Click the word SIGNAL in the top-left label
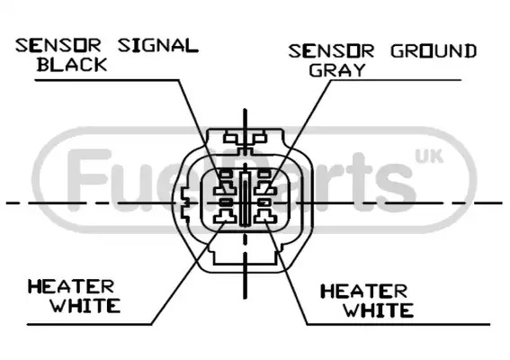pos(158,45)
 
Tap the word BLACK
pos(72,64)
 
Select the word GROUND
pos(434,51)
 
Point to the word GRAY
pos(337,69)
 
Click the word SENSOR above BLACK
pos(58,45)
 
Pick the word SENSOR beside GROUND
pos(331,51)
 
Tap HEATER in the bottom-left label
pos(71,287)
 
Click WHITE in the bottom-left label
pos(85,306)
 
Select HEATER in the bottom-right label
pos(364,292)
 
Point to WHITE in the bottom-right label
pos(379,310)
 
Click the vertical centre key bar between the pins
pos(245,199)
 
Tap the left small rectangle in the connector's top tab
pos(230,139)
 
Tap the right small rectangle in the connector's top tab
pos(260,139)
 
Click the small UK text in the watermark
pos(429,157)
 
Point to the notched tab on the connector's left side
pos(184,203)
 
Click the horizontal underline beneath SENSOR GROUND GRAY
pos(396,80)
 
